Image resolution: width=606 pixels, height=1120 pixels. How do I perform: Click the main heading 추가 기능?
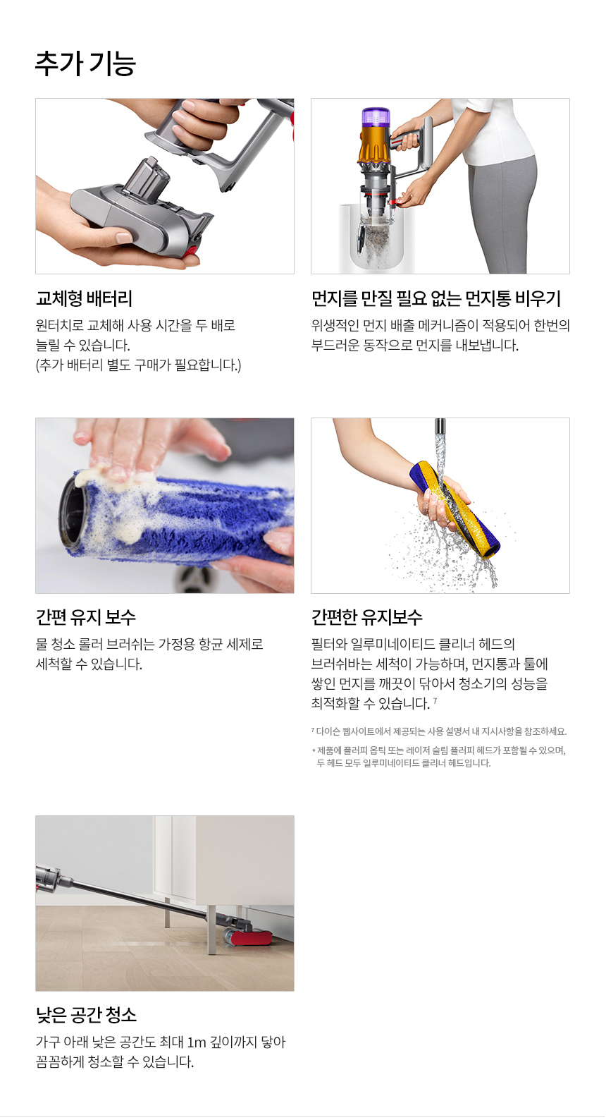click(x=85, y=63)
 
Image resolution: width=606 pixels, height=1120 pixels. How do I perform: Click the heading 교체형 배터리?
click(x=84, y=298)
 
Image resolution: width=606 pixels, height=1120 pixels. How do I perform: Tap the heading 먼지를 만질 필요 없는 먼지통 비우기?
click(x=435, y=298)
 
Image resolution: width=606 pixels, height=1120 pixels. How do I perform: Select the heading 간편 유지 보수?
click(x=85, y=617)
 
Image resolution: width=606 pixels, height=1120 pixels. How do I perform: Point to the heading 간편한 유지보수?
click(x=366, y=617)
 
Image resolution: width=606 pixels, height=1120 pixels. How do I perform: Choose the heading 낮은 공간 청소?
click(x=86, y=1014)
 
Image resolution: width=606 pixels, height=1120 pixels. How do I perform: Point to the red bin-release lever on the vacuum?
click(x=398, y=201)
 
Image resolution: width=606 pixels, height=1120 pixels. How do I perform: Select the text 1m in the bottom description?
click(x=197, y=1042)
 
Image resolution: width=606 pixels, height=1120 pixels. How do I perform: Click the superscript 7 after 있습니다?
click(x=435, y=700)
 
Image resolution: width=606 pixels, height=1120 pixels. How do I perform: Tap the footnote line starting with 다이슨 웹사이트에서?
click(x=438, y=731)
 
